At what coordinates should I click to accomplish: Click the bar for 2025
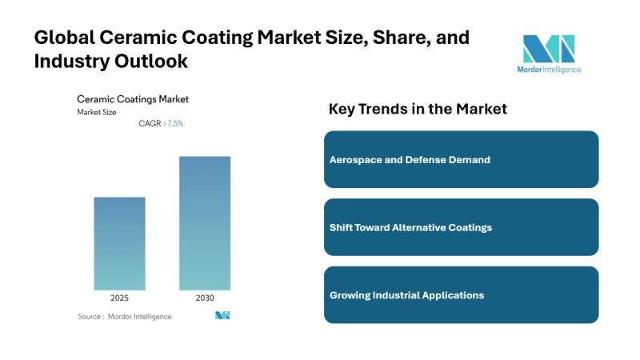(119, 244)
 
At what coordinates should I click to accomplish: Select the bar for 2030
(205, 223)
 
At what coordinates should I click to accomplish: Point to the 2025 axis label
(119, 298)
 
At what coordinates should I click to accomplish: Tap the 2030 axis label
(205, 298)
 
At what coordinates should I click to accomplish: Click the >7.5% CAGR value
(174, 123)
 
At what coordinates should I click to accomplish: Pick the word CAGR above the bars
(150, 123)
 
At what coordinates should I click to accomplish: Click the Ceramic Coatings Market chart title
(133, 99)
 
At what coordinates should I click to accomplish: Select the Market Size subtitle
(97, 112)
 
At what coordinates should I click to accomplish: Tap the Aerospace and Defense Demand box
(462, 159)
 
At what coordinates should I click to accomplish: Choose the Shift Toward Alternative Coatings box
(462, 227)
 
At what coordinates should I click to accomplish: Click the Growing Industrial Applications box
(462, 295)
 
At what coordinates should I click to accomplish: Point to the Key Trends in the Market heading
(418, 109)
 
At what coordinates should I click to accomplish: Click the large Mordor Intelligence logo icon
(549, 49)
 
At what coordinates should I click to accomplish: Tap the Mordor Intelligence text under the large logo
(549, 70)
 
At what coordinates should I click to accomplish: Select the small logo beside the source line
(222, 315)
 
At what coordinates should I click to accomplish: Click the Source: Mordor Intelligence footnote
(125, 316)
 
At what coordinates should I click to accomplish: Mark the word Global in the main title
(65, 38)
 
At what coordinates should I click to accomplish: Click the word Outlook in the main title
(151, 62)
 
